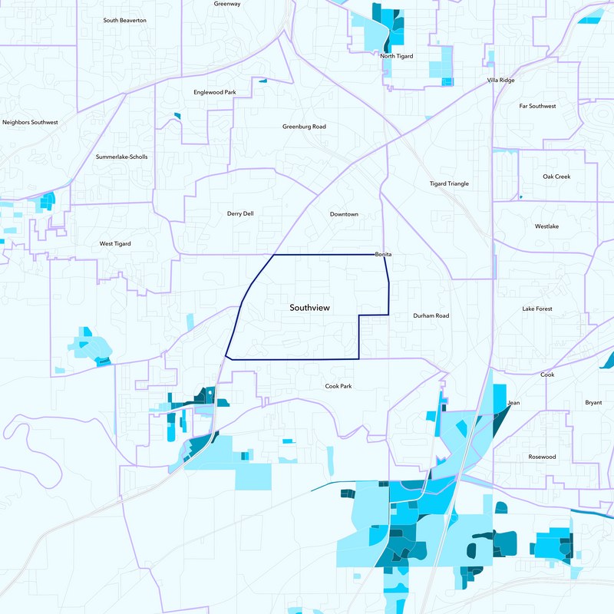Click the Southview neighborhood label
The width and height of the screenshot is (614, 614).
coord(309,308)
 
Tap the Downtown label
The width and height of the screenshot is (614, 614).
coord(344,214)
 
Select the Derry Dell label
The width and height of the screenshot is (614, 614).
coord(240,214)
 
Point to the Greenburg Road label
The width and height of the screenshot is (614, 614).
coord(304,127)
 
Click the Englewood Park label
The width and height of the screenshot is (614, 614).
coord(214,92)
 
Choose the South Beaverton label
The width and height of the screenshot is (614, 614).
coord(125,20)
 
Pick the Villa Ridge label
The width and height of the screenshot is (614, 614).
coord(502,80)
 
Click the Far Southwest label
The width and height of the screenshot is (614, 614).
coord(537,106)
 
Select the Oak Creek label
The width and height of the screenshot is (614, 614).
coord(556,177)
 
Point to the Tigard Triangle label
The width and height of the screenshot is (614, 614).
coord(449,184)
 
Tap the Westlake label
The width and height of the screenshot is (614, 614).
coord(547,226)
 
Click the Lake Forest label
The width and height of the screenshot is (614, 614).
coord(537,309)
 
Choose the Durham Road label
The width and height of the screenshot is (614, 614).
coord(431,315)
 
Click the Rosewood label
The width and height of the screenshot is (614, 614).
coord(542,457)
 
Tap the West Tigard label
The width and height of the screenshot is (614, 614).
coord(115,244)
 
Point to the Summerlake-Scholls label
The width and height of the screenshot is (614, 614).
coord(121,157)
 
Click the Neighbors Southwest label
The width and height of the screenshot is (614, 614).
coord(30,122)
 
